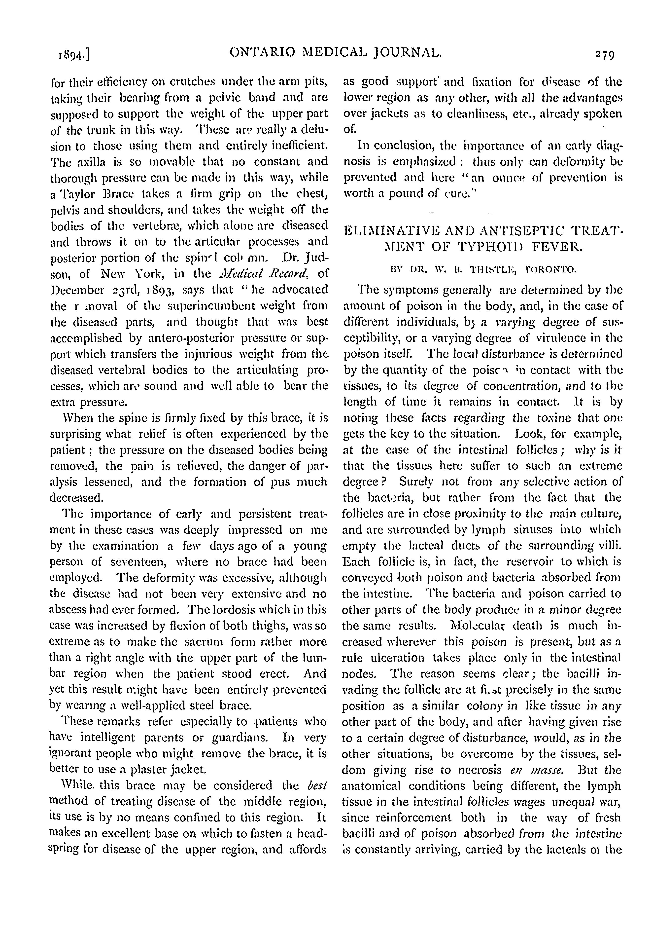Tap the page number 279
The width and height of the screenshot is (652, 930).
click(602, 53)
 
